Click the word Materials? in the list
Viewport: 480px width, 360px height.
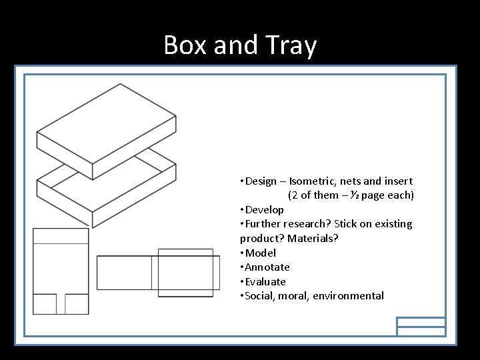(x=313, y=239)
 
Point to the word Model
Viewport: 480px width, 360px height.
(x=261, y=253)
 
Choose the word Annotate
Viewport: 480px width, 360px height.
(x=267, y=267)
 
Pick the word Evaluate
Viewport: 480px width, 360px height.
(x=265, y=282)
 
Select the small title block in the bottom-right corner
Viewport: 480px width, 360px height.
(x=421, y=326)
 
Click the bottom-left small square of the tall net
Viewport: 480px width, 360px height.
(x=45, y=304)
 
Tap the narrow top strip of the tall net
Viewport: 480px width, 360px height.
(x=61, y=236)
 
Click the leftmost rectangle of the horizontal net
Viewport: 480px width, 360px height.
(x=124, y=273)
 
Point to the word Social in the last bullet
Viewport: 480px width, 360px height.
(x=260, y=296)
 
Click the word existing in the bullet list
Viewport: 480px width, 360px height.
(x=391, y=224)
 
